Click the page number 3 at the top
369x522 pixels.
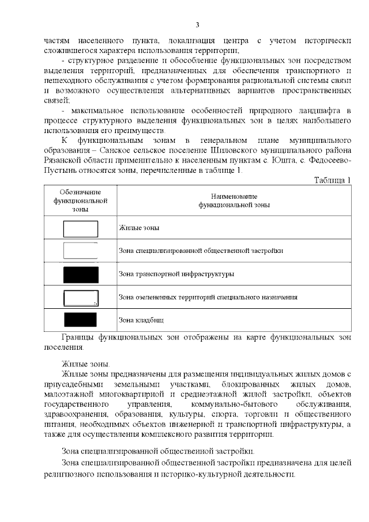(197, 24)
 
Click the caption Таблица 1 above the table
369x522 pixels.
(332, 180)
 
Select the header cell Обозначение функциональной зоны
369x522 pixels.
(81, 201)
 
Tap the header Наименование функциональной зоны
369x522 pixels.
(234, 201)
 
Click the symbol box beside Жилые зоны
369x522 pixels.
(80, 229)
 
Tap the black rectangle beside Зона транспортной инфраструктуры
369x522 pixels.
(80, 274)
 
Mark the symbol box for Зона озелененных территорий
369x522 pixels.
(80, 297)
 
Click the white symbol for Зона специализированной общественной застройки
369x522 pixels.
(80, 251)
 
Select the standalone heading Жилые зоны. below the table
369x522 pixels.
(85, 364)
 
